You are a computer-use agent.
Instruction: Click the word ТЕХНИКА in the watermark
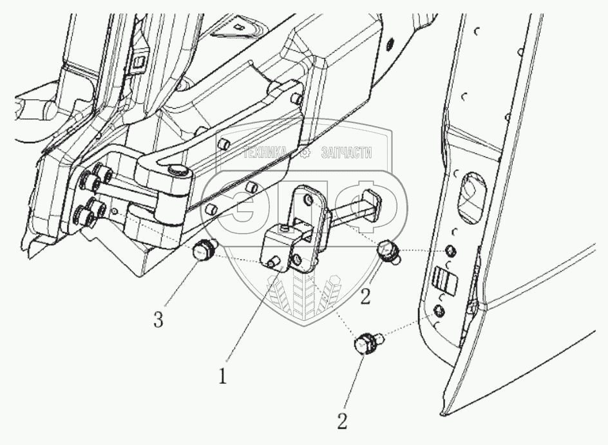(264, 153)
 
